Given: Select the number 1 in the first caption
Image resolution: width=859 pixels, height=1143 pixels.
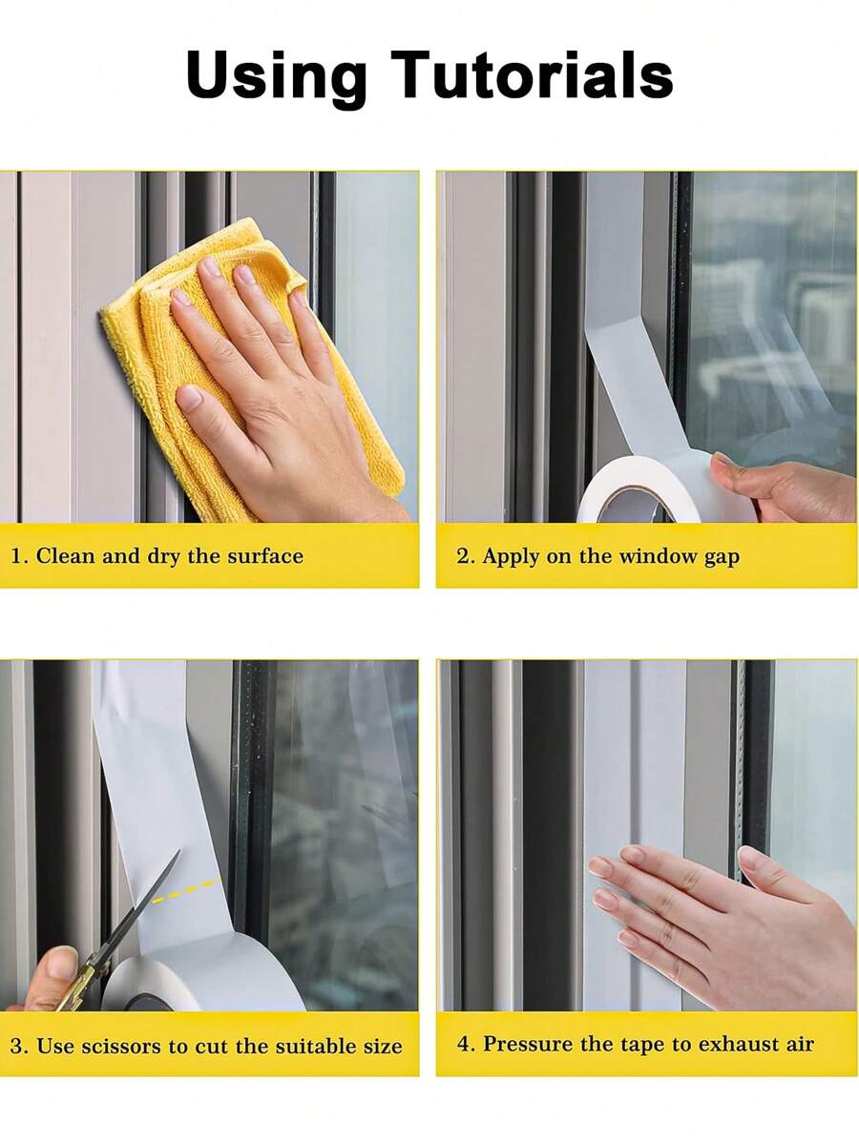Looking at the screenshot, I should click(x=16, y=556).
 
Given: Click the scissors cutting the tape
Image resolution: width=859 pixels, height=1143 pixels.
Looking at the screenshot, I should click(x=134, y=916).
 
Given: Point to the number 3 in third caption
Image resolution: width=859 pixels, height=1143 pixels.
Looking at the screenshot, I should click(x=16, y=1046).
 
